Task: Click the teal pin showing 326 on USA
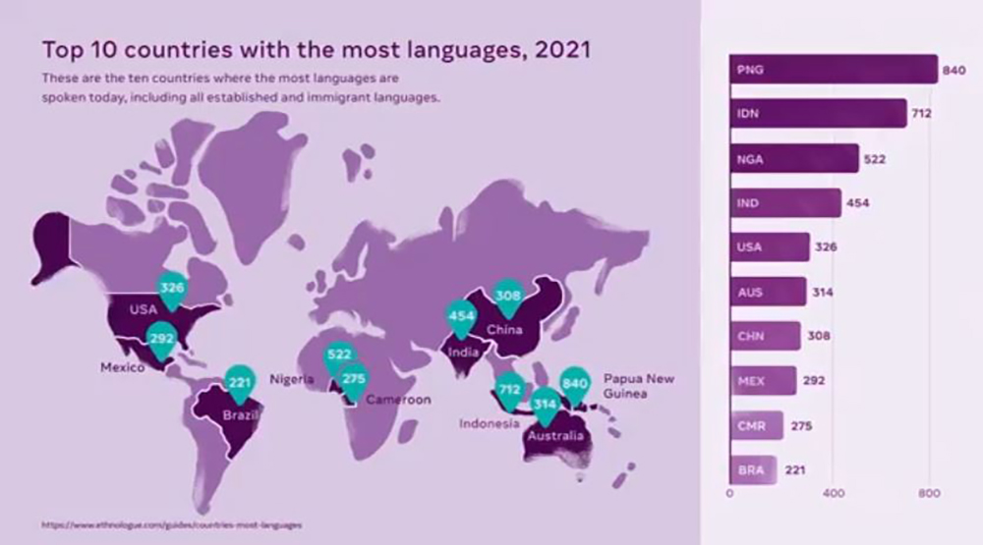tap(173, 288)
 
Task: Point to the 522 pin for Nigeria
tap(340, 354)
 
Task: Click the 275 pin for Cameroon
tap(354, 378)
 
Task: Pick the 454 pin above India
tap(461, 316)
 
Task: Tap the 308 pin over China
tap(507, 295)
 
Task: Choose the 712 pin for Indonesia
tap(509, 390)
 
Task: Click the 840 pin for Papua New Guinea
tap(574, 382)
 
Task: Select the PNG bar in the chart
tap(833, 70)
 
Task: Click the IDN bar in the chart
tap(817, 113)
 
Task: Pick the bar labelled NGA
tap(793, 158)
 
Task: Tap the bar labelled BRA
tap(753, 469)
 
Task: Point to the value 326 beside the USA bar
tap(826, 246)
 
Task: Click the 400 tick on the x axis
tap(833, 493)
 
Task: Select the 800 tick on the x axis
tap(929, 493)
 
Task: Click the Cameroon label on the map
tap(398, 400)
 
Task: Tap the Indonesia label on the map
tap(489, 424)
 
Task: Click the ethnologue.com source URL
tap(171, 525)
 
